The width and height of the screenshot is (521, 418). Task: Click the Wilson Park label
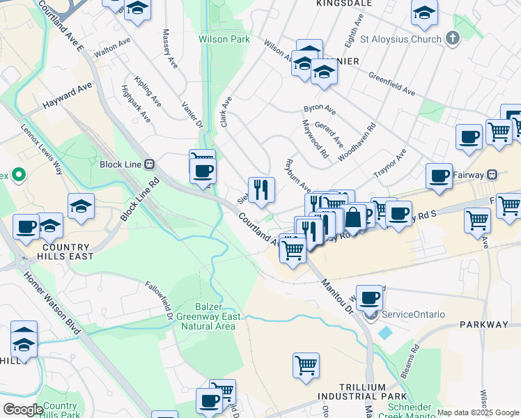(x=224, y=40)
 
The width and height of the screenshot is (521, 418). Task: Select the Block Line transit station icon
(x=149, y=164)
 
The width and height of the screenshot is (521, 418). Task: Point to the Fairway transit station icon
(x=492, y=175)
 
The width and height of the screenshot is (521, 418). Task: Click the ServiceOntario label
(x=413, y=314)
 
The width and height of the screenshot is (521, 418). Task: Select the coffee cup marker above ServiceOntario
(x=369, y=297)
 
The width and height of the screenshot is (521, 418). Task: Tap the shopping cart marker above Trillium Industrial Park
(x=306, y=365)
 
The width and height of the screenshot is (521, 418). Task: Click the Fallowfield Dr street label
(x=158, y=300)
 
